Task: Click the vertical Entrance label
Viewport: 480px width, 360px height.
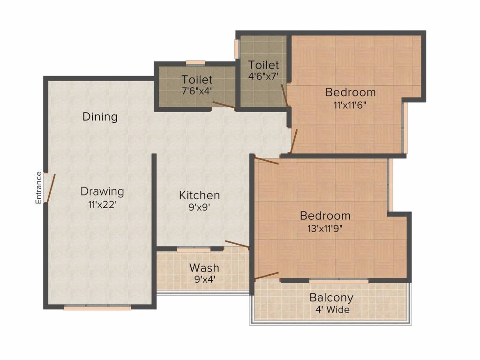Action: pyautogui.click(x=38, y=187)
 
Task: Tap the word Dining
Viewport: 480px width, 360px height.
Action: pyautogui.click(x=100, y=117)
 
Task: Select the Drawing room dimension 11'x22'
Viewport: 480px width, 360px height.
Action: pyautogui.click(x=102, y=204)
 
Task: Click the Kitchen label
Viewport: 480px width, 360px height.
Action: pyautogui.click(x=199, y=195)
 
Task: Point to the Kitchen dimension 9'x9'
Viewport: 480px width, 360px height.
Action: pyautogui.click(x=199, y=208)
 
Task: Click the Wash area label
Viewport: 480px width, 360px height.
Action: pyautogui.click(x=204, y=268)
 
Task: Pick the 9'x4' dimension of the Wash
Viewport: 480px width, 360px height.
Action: pyautogui.click(x=204, y=279)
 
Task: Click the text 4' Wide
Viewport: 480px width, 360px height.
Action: pyautogui.click(x=332, y=310)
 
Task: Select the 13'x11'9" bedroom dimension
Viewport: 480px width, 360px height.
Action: pyautogui.click(x=325, y=228)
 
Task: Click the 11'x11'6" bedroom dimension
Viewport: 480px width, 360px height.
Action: pyautogui.click(x=350, y=105)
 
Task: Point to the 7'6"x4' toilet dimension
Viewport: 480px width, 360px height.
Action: pyautogui.click(x=197, y=91)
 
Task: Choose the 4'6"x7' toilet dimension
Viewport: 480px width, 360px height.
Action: pyautogui.click(x=263, y=76)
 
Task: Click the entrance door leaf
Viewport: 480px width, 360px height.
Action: pyautogui.click(x=50, y=188)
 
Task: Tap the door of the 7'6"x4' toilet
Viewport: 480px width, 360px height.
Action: pyautogui.click(x=224, y=105)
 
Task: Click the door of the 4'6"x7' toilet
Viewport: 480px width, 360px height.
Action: pyautogui.click(x=285, y=95)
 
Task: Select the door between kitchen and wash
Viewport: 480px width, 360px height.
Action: pyautogui.click(x=237, y=244)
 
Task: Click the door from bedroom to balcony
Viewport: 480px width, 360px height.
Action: pyautogui.click(x=266, y=276)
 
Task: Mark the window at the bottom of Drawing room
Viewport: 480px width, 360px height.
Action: pyautogui.click(x=97, y=307)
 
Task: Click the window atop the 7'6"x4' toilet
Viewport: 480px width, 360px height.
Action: pyautogui.click(x=195, y=63)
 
